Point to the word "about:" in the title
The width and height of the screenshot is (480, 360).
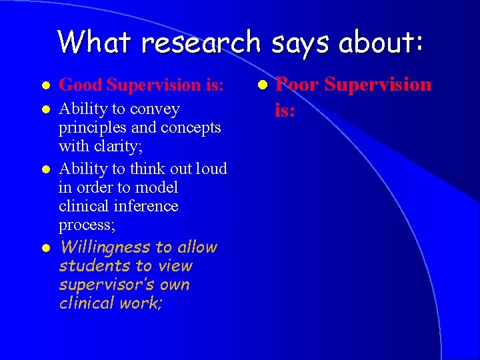coord(381,42)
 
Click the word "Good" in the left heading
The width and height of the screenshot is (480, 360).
coord(81,85)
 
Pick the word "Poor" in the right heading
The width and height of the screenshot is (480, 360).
coord(298,85)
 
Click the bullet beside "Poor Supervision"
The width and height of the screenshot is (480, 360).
coord(263,85)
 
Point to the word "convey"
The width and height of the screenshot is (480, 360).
coord(157,109)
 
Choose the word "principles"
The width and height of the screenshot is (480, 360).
coord(91,127)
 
